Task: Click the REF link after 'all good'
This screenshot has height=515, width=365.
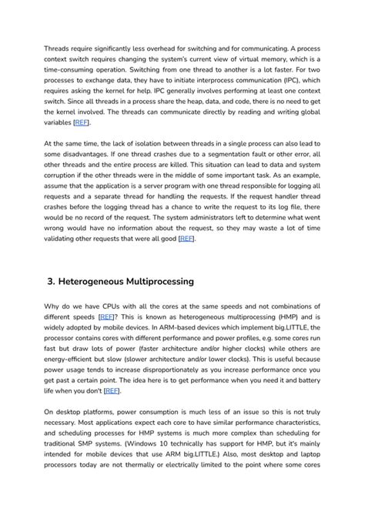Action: tap(187, 239)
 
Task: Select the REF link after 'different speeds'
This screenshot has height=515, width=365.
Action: tap(108, 316)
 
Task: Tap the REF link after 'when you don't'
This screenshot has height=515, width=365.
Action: tap(112, 390)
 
